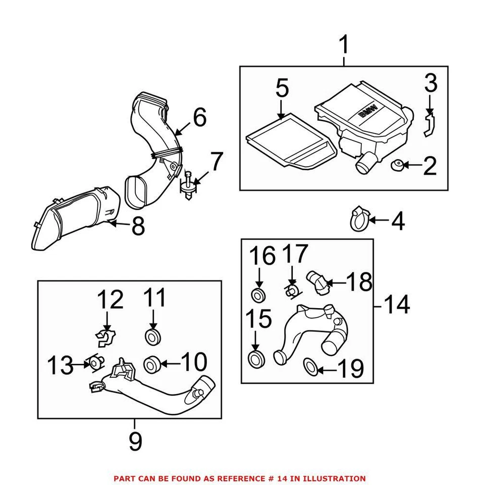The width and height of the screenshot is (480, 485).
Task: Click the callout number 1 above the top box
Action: (x=343, y=46)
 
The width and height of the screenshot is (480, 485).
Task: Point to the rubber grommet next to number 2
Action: (x=397, y=164)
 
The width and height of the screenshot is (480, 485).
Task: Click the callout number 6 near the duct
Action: (x=199, y=117)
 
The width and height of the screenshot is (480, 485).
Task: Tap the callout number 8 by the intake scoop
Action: (x=138, y=227)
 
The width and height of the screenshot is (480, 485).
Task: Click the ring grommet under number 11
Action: (x=152, y=336)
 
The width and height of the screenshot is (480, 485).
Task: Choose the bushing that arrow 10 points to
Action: (x=152, y=363)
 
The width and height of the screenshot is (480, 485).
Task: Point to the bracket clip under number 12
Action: (x=106, y=337)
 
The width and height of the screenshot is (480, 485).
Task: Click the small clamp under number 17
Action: (x=292, y=290)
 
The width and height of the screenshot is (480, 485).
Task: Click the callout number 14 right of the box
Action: (x=397, y=305)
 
